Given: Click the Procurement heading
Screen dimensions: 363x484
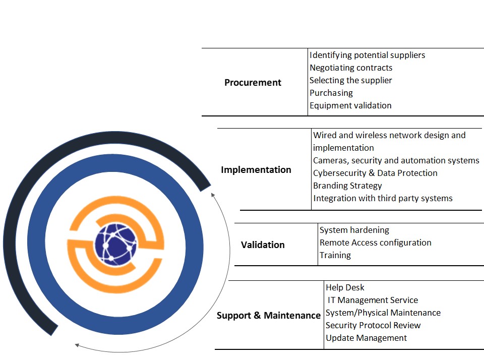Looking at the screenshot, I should pyautogui.click(x=253, y=83).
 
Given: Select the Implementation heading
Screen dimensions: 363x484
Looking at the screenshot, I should pyautogui.click(x=256, y=170).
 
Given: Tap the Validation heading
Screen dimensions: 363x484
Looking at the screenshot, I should pyautogui.click(x=263, y=245).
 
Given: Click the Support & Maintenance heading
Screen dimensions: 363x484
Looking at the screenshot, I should pyautogui.click(x=268, y=316).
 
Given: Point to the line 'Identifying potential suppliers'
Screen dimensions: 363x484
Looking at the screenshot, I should pyautogui.click(x=367, y=55).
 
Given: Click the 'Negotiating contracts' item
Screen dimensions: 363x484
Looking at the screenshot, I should pyautogui.click(x=351, y=68).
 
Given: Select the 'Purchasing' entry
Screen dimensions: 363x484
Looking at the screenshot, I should pyautogui.click(x=331, y=93).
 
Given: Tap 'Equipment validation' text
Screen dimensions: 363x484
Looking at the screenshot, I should pyautogui.click(x=350, y=105).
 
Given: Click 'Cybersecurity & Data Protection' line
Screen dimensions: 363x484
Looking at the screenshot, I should pyautogui.click(x=375, y=173).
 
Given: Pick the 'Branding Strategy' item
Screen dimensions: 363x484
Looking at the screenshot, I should pyautogui.click(x=347, y=186).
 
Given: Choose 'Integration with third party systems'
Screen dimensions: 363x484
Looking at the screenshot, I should pyautogui.click(x=383, y=198).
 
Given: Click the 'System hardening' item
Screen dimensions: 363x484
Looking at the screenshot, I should pyautogui.click(x=354, y=230).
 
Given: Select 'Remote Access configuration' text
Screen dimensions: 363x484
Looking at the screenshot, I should pyautogui.click(x=376, y=243).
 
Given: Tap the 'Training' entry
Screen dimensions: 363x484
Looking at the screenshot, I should pyautogui.click(x=335, y=255).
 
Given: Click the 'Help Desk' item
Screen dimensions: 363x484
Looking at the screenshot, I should pyautogui.click(x=345, y=287).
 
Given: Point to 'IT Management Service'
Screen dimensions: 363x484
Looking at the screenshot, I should pyautogui.click(x=373, y=300).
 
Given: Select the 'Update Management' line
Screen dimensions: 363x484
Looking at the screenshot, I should pyautogui.click(x=366, y=338).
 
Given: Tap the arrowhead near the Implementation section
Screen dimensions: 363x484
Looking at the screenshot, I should pyautogui.click(x=213, y=195).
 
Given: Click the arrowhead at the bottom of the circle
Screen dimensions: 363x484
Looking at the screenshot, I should pyautogui.click(x=77, y=345).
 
